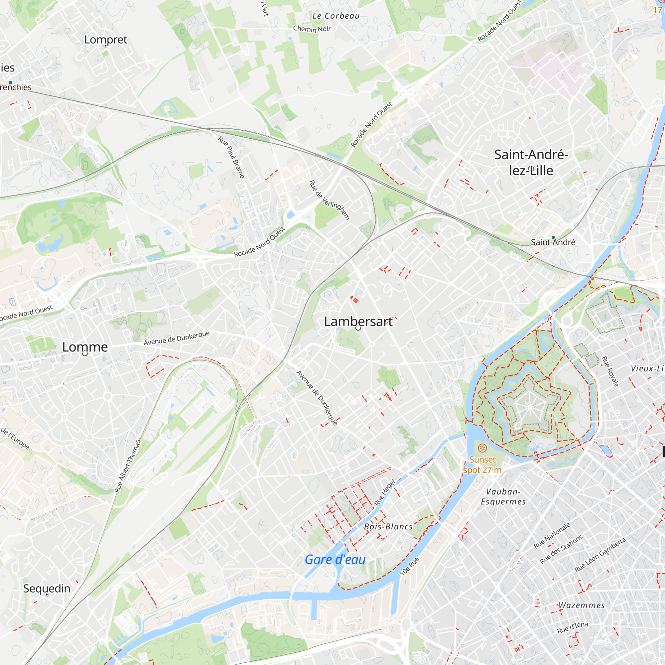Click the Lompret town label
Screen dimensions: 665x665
tap(106, 40)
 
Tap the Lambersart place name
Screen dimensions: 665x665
tap(358, 322)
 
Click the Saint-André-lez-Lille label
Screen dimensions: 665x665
tap(531, 163)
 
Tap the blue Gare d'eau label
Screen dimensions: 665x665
tap(335, 560)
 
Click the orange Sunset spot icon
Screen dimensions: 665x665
tap(482, 448)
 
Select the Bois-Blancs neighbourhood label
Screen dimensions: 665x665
tap(388, 527)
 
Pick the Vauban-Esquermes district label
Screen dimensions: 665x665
tap(503, 497)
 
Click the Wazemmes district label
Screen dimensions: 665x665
tap(581, 605)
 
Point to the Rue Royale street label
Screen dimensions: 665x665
tap(610, 371)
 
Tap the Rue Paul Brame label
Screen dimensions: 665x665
tap(231, 157)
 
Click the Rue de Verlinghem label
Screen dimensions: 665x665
tap(330, 200)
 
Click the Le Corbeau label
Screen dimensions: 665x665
tap(336, 16)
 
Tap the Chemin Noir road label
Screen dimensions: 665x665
tap(312, 29)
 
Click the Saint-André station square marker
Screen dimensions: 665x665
tap(553, 237)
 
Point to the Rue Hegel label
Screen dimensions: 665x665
tap(385, 492)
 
